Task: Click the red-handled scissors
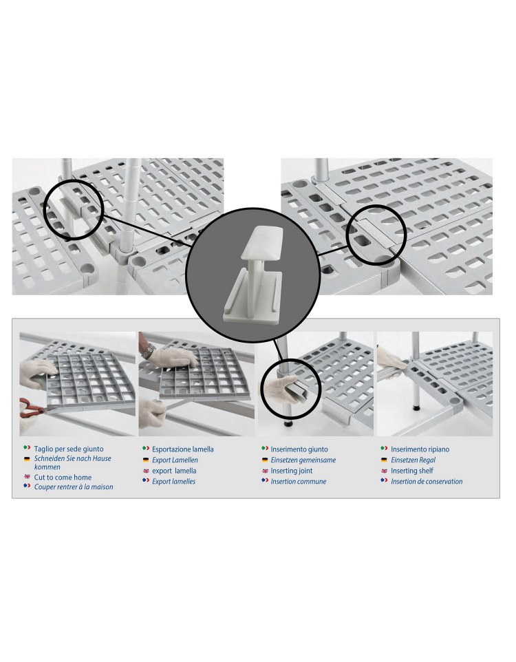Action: coord(31,407)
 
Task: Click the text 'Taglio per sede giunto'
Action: coord(69,449)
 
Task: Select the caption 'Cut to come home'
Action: coord(63,477)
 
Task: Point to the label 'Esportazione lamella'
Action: coord(183,449)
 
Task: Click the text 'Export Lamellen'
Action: coord(175,460)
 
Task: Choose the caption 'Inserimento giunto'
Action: coord(299,449)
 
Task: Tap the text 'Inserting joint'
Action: coord(292,470)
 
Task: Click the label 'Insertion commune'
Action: coord(299,481)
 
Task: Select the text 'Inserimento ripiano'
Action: coord(420,449)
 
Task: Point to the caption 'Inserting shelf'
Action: coord(412,470)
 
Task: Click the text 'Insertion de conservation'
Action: coord(427,481)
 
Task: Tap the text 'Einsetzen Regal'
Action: coord(413,460)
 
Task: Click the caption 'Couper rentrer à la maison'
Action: coord(74,487)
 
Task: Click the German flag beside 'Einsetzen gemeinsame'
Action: coord(265,460)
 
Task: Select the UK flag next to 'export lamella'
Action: coord(146,471)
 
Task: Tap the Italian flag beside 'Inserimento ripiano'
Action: coord(384,449)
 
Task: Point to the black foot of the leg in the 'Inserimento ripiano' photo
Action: coord(417,408)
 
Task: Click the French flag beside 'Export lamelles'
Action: coord(146,480)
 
